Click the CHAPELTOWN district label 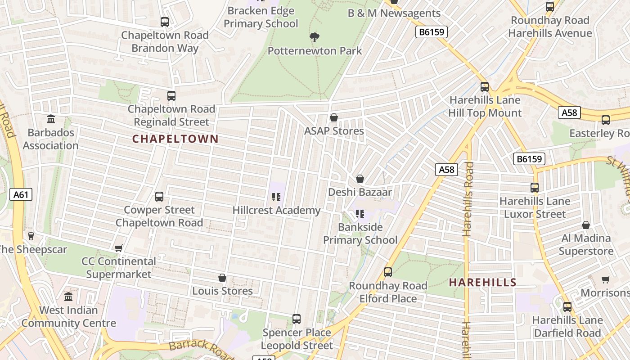175,139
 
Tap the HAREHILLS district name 483,283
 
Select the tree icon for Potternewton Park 315,37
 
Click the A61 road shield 21,194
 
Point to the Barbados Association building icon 51,119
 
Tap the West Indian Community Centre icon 68,297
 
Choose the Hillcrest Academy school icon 276,197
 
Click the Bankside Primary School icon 360,214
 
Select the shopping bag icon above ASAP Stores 334,118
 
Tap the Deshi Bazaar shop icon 360,179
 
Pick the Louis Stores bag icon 222,278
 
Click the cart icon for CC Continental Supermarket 119,248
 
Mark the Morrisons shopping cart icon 606,280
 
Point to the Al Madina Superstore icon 586,225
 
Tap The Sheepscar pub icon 31,236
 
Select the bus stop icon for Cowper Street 159,197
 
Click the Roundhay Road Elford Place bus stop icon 387,272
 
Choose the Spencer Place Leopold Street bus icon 297,319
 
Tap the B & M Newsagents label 394,13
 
